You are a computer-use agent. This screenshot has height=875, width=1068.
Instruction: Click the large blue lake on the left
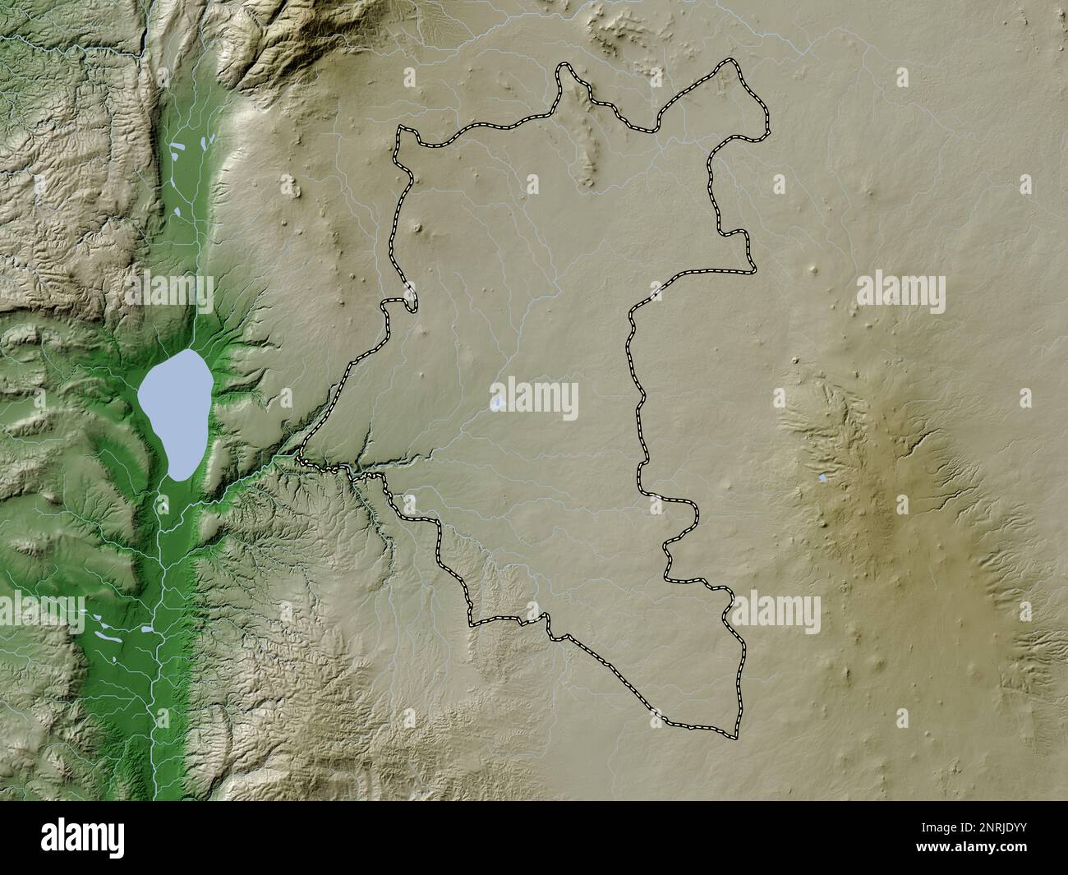(173, 411)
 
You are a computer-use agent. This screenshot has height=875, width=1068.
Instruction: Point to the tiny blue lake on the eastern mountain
(823, 477)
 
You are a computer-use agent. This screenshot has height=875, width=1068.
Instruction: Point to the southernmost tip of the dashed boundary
(731, 734)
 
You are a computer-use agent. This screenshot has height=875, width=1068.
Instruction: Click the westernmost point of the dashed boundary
(302, 454)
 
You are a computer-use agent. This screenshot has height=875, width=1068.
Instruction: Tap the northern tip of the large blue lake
(190, 351)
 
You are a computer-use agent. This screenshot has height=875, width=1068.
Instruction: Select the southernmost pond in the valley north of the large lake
(177, 214)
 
